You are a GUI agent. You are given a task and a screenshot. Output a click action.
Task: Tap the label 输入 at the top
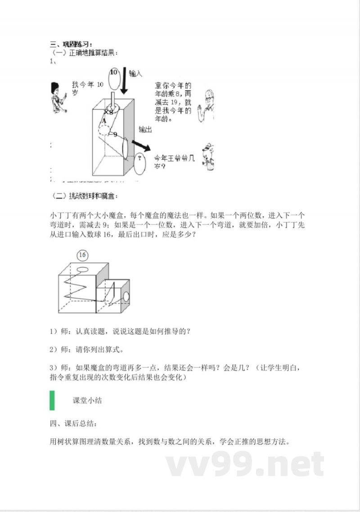(135, 73)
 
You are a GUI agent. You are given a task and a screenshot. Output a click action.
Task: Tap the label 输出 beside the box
(145, 130)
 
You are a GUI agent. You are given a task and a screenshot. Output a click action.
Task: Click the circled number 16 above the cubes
(82, 255)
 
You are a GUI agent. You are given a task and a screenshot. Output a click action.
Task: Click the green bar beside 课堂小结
(52, 400)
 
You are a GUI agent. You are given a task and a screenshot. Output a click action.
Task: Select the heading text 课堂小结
(87, 400)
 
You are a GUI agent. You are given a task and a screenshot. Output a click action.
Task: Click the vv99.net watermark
(245, 464)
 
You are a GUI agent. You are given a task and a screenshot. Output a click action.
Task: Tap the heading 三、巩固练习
(71, 44)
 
